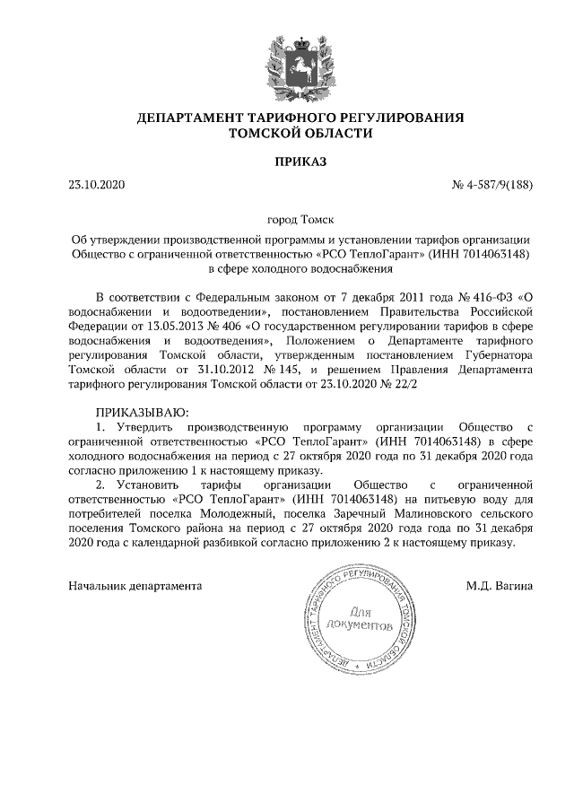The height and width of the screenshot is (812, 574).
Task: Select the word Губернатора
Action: (500, 354)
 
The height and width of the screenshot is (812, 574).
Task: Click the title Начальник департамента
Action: (135, 586)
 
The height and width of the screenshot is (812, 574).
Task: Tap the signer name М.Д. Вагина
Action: (500, 586)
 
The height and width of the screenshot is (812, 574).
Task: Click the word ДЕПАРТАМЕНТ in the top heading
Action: (179, 118)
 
